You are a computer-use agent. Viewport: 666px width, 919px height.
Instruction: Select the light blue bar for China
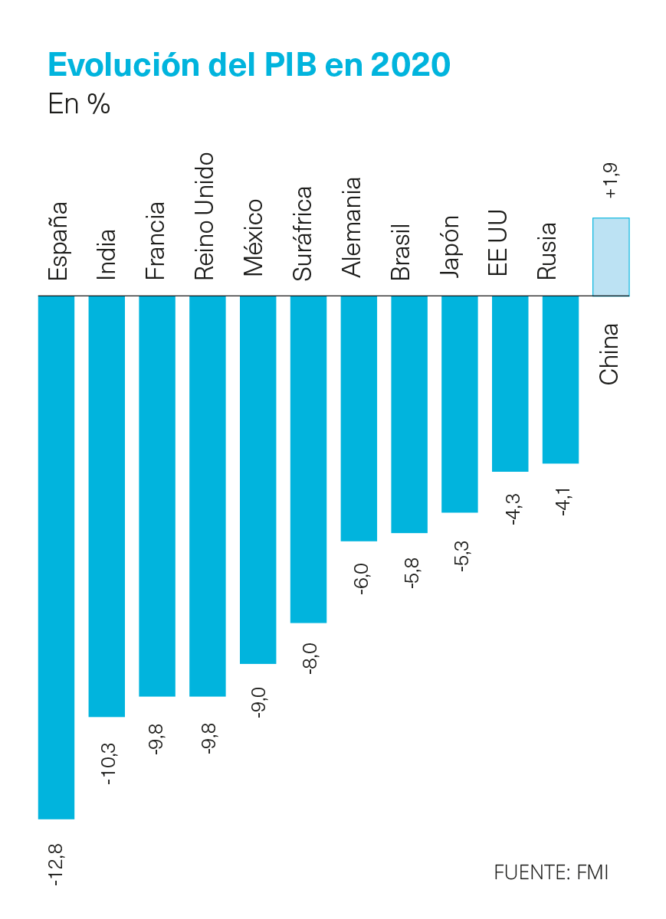pyautogui.click(x=611, y=257)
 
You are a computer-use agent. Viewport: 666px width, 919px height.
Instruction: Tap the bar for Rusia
pyautogui.click(x=560, y=380)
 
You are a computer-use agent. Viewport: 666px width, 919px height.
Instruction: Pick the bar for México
pyautogui.click(x=258, y=480)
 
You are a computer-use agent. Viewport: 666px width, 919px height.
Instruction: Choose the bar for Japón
pyautogui.click(x=460, y=404)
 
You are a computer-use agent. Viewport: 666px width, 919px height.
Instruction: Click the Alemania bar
pyautogui.click(x=359, y=418)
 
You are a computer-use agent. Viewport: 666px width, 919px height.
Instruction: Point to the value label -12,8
pyautogui.click(x=56, y=865)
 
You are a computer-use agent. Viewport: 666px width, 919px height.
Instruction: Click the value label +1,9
pyautogui.click(x=611, y=181)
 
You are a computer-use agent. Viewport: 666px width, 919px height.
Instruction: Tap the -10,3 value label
pyautogui.click(x=107, y=764)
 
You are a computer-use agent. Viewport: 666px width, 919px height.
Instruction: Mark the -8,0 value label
pyautogui.click(x=309, y=659)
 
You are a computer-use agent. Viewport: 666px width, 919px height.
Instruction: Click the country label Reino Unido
pyautogui.click(x=205, y=216)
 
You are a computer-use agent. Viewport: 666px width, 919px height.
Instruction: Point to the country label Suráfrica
pyautogui.click(x=302, y=234)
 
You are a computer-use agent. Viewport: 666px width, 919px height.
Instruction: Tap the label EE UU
pyautogui.click(x=497, y=243)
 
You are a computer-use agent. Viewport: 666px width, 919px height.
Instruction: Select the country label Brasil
pyautogui.click(x=400, y=252)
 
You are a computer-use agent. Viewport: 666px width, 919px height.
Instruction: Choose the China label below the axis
pyautogui.click(x=609, y=354)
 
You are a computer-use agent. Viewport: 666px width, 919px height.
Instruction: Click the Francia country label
pyautogui.click(x=156, y=240)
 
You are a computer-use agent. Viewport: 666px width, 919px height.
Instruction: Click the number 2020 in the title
pyautogui.click(x=411, y=64)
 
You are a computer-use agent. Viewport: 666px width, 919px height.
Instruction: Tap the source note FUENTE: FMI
pyautogui.click(x=550, y=872)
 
